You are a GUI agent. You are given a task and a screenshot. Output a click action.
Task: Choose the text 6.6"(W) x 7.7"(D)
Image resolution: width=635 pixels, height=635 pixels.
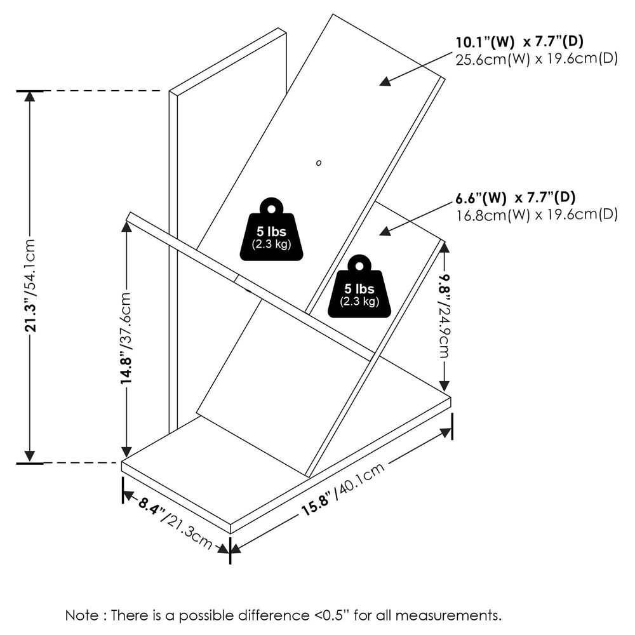514,197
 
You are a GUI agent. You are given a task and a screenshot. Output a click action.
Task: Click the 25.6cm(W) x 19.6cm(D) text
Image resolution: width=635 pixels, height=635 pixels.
537,60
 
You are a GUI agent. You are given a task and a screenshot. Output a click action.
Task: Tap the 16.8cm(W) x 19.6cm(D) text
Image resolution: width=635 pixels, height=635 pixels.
537,214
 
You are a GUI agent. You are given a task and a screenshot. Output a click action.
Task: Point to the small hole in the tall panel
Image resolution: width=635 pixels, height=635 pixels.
319,163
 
